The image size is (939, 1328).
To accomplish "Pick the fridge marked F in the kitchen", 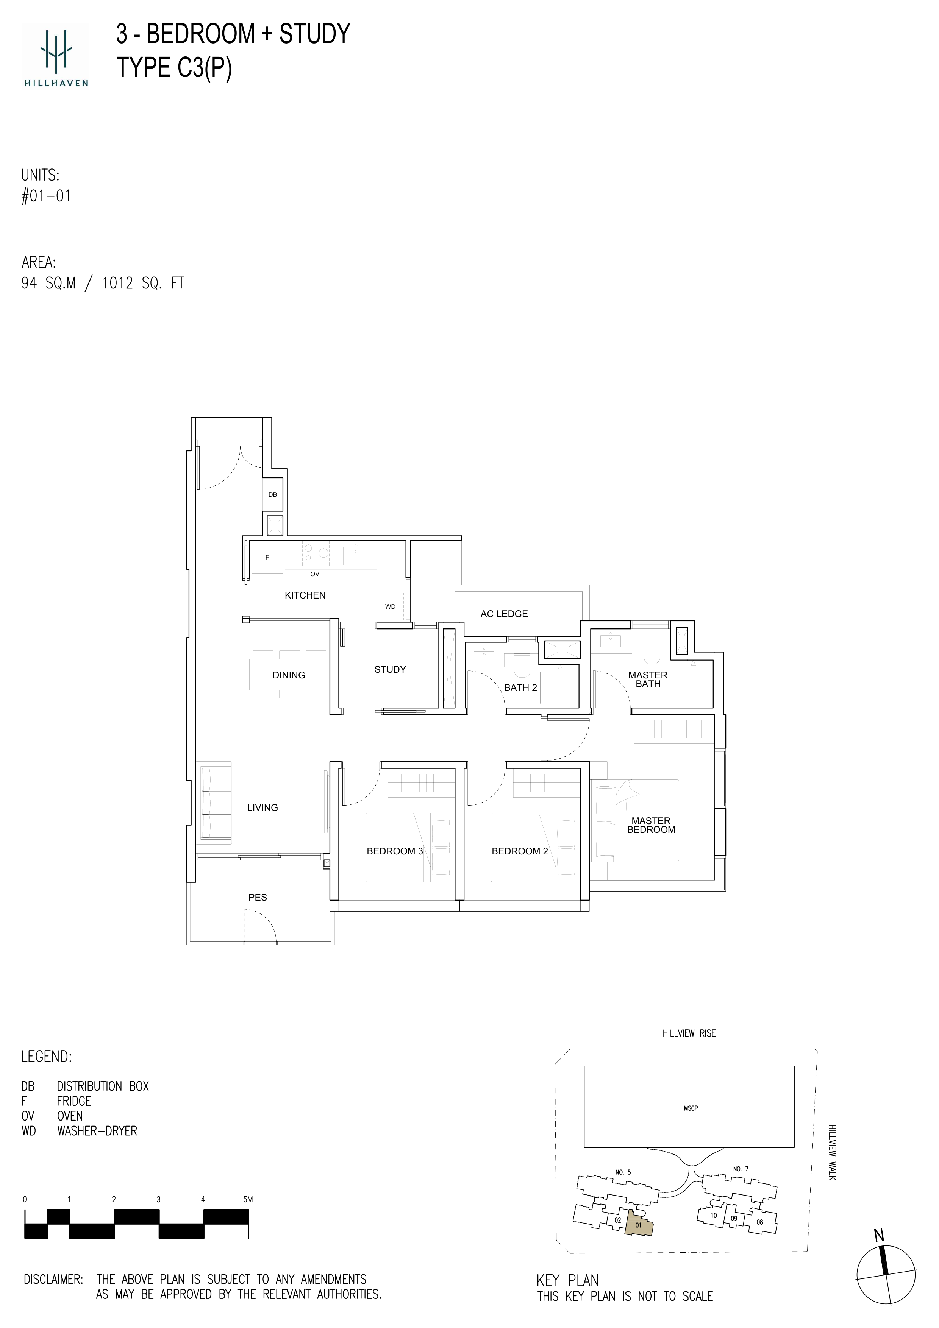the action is (x=267, y=558).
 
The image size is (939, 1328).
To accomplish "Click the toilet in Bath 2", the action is (x=522, y=665).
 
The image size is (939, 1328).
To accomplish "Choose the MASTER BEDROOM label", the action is (x=652, y=825).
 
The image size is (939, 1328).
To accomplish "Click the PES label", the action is (x=258, y=897).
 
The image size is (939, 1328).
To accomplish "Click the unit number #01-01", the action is (x=46, y=196).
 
